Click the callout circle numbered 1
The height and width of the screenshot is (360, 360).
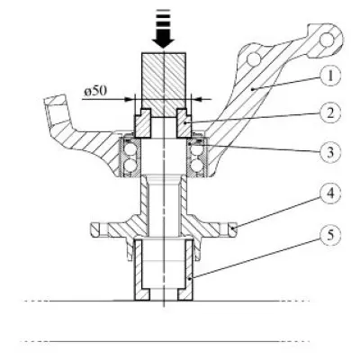click(329, 76)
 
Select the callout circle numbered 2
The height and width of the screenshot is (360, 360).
click(330, 113)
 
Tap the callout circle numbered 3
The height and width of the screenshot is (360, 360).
click(330, 152)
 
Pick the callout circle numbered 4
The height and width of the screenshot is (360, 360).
click(330, 193)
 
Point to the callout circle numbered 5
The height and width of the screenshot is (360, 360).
click(330, 235)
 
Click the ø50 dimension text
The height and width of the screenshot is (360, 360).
click(95, 91)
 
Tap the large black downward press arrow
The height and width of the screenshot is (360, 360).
click(164, 29)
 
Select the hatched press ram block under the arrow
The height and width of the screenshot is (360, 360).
click(164, 85)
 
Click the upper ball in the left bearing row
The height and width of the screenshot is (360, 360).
click(130, 149)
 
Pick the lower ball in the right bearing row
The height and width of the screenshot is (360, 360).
click(197, 165)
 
